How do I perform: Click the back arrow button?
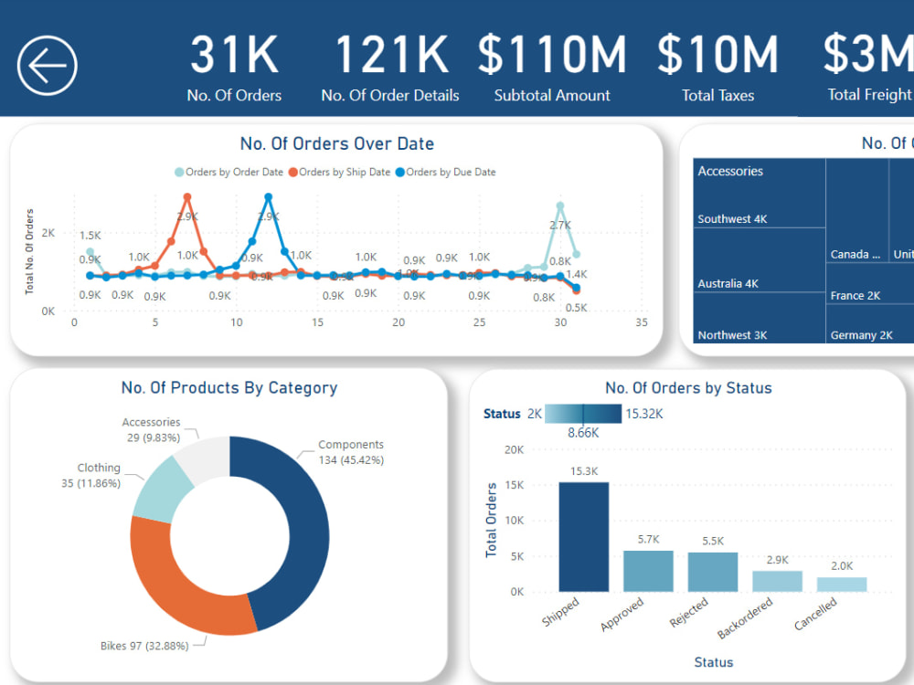[47, 65]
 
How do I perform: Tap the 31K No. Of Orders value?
[234, 55]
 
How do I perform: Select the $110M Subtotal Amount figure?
[551, 55]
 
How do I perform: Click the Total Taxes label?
[717, 95]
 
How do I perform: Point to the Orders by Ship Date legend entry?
[339, 172]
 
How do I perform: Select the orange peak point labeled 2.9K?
[187, 196]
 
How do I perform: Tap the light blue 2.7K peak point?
[560, 206]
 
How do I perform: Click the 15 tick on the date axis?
[317, 322]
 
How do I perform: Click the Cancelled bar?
[842, 584]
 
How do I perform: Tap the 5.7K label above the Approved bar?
[648, 540]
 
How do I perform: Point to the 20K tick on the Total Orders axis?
[514, 449]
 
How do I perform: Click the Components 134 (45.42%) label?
[351, 452]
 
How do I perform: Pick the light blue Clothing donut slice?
[159, 490]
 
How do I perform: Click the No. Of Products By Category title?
[229, 387]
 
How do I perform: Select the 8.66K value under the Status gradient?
[582, 433]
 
